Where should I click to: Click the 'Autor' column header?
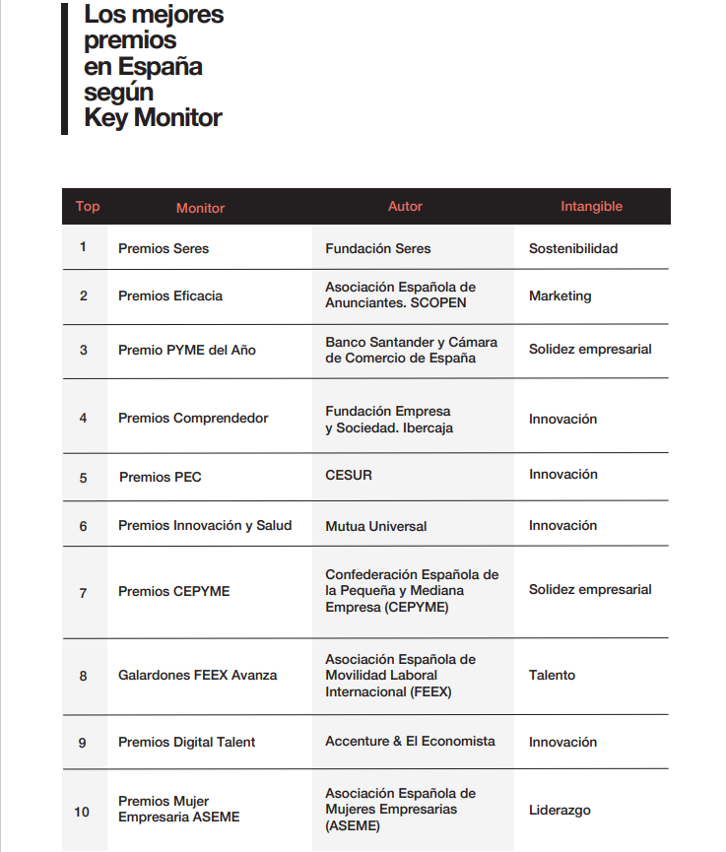click(405, 207)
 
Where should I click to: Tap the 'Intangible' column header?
click(591, 207)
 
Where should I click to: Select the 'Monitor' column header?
click(200, 208)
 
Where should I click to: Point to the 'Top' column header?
click(88, 207)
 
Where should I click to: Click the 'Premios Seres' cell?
click(164, 248)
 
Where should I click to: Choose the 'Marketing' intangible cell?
click(560, 295)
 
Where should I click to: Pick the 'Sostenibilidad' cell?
click(573, 248)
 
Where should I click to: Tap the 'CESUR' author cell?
click(349, 475)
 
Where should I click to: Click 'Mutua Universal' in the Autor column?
click(376, 526)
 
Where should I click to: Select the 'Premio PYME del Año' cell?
click(187, 350)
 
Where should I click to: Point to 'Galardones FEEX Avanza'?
click(198, 676)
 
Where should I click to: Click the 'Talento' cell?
click(552, 676)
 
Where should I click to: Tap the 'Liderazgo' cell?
click(560, 811)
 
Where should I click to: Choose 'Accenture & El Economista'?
click(410, 741)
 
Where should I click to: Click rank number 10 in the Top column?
click(82, 812)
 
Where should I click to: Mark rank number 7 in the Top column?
click(83, 592)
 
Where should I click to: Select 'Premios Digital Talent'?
click(186, 742)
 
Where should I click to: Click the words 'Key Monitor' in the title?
click(153, 118)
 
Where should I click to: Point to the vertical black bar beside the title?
click(65, 69)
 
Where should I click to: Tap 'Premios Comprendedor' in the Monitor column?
click(193, 419)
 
